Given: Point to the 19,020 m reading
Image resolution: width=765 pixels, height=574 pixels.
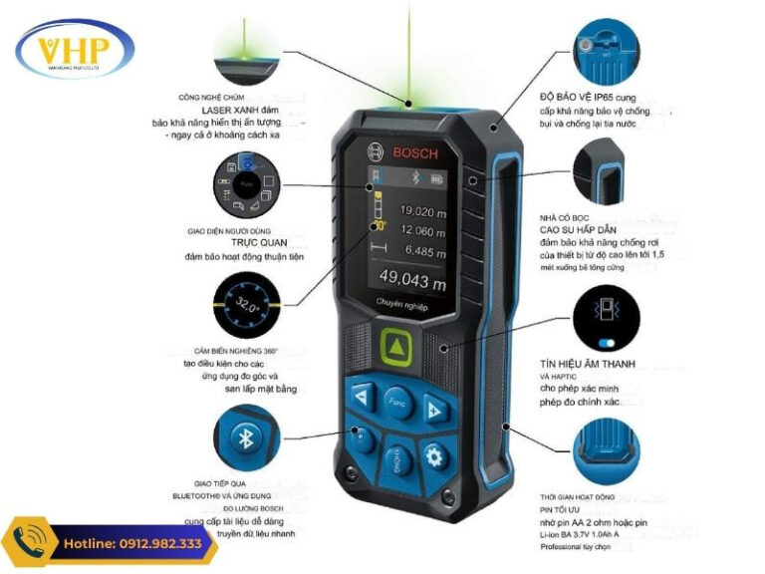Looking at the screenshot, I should coord(422,211).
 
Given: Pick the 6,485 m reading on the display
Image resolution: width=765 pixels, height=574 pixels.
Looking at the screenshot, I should coord(422,252).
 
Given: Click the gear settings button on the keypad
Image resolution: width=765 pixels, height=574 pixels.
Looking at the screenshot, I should coord(434,456).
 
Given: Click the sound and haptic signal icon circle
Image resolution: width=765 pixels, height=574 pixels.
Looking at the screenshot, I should coord(609,309).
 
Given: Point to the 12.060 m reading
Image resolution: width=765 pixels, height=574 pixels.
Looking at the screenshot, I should coord(422,231).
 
